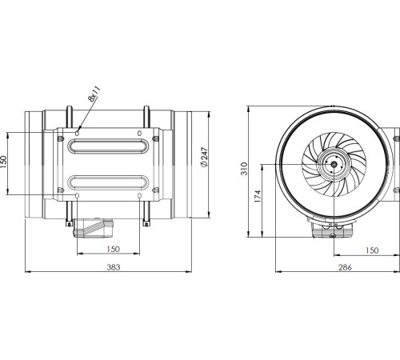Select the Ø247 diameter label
pyautogui.click(x=205, y=162)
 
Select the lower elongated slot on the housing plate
pyautogui.click(x=109, y=180)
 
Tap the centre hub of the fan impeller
pyautogui.click(x=331, y=166)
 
